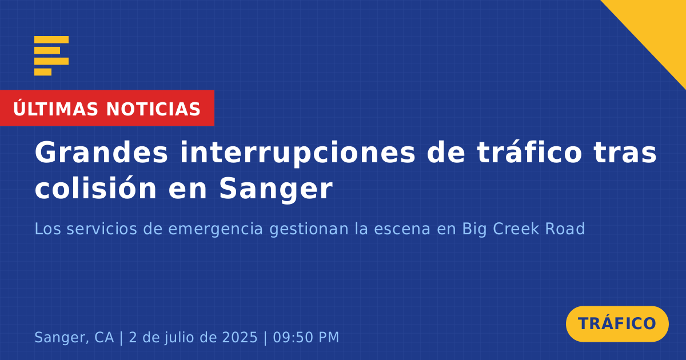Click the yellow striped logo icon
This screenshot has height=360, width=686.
click(x=51, y=56)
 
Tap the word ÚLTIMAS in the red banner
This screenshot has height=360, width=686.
click(x=55, y=109)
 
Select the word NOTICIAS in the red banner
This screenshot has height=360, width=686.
click(x=153, y=109)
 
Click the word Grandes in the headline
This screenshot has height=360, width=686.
click(x=101, y=153)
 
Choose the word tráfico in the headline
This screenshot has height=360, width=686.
click(x=529, y=152)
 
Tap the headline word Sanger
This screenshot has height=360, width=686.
click(x=276, y=190)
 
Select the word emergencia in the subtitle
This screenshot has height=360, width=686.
click(x=216, y=230)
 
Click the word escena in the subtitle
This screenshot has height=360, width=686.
click(x=402, y=229)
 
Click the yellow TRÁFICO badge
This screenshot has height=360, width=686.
click(x=617, y=324)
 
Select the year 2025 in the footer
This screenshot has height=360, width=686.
click(x=240, y=338)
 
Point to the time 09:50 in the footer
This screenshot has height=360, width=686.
click(x=293, y=338)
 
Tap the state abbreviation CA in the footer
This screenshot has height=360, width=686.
click(x=104, y=338)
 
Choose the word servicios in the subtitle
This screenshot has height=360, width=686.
click(x=102, y=229)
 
